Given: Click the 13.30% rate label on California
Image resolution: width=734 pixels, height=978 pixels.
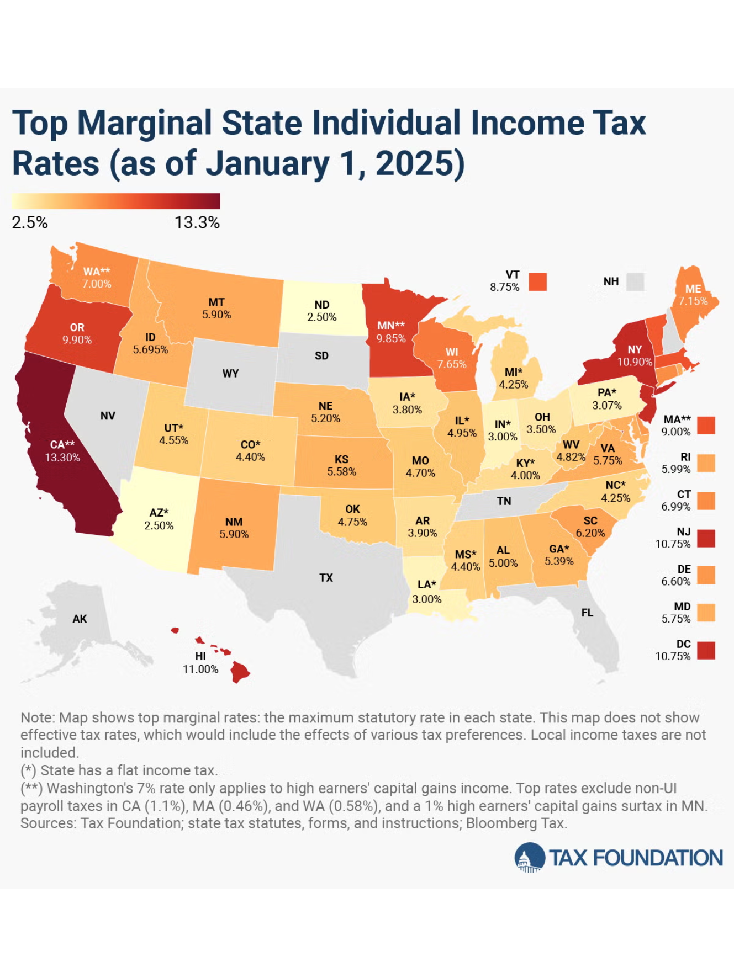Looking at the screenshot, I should coord(62,458).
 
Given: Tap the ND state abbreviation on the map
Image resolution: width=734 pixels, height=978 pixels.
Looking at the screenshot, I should coord(322,305).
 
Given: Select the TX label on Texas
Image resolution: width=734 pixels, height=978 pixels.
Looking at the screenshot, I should coord(326,578).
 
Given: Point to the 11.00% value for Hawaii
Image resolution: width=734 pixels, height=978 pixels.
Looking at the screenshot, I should coord(200,669).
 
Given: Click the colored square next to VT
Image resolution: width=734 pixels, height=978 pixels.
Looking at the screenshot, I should coord(537,281).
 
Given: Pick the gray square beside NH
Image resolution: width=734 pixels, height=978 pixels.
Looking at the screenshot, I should coord(635,281).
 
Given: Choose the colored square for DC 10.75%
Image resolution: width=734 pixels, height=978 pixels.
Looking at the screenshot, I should coord(706,650).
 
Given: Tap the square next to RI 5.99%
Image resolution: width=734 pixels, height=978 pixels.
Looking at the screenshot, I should coord(706,463).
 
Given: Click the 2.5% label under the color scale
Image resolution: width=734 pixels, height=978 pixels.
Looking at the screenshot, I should coord(30,222).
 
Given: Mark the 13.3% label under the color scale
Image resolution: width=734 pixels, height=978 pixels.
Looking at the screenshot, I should coord(197,222).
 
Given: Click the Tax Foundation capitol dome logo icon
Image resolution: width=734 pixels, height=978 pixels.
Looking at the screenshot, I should coord(529,858).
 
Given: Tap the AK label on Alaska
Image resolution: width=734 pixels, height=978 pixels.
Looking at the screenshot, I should coord(80,619).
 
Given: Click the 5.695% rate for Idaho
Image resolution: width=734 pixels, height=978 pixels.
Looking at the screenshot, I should coord(150,349).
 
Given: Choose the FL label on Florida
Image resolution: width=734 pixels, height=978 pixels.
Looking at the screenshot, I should coord(587,613).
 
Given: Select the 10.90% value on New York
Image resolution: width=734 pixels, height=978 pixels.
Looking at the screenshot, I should coord(635,362).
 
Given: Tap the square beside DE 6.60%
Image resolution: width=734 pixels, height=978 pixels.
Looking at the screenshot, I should coord(706,575).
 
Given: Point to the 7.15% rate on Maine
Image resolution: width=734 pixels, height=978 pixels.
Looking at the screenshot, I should coord(693,301).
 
